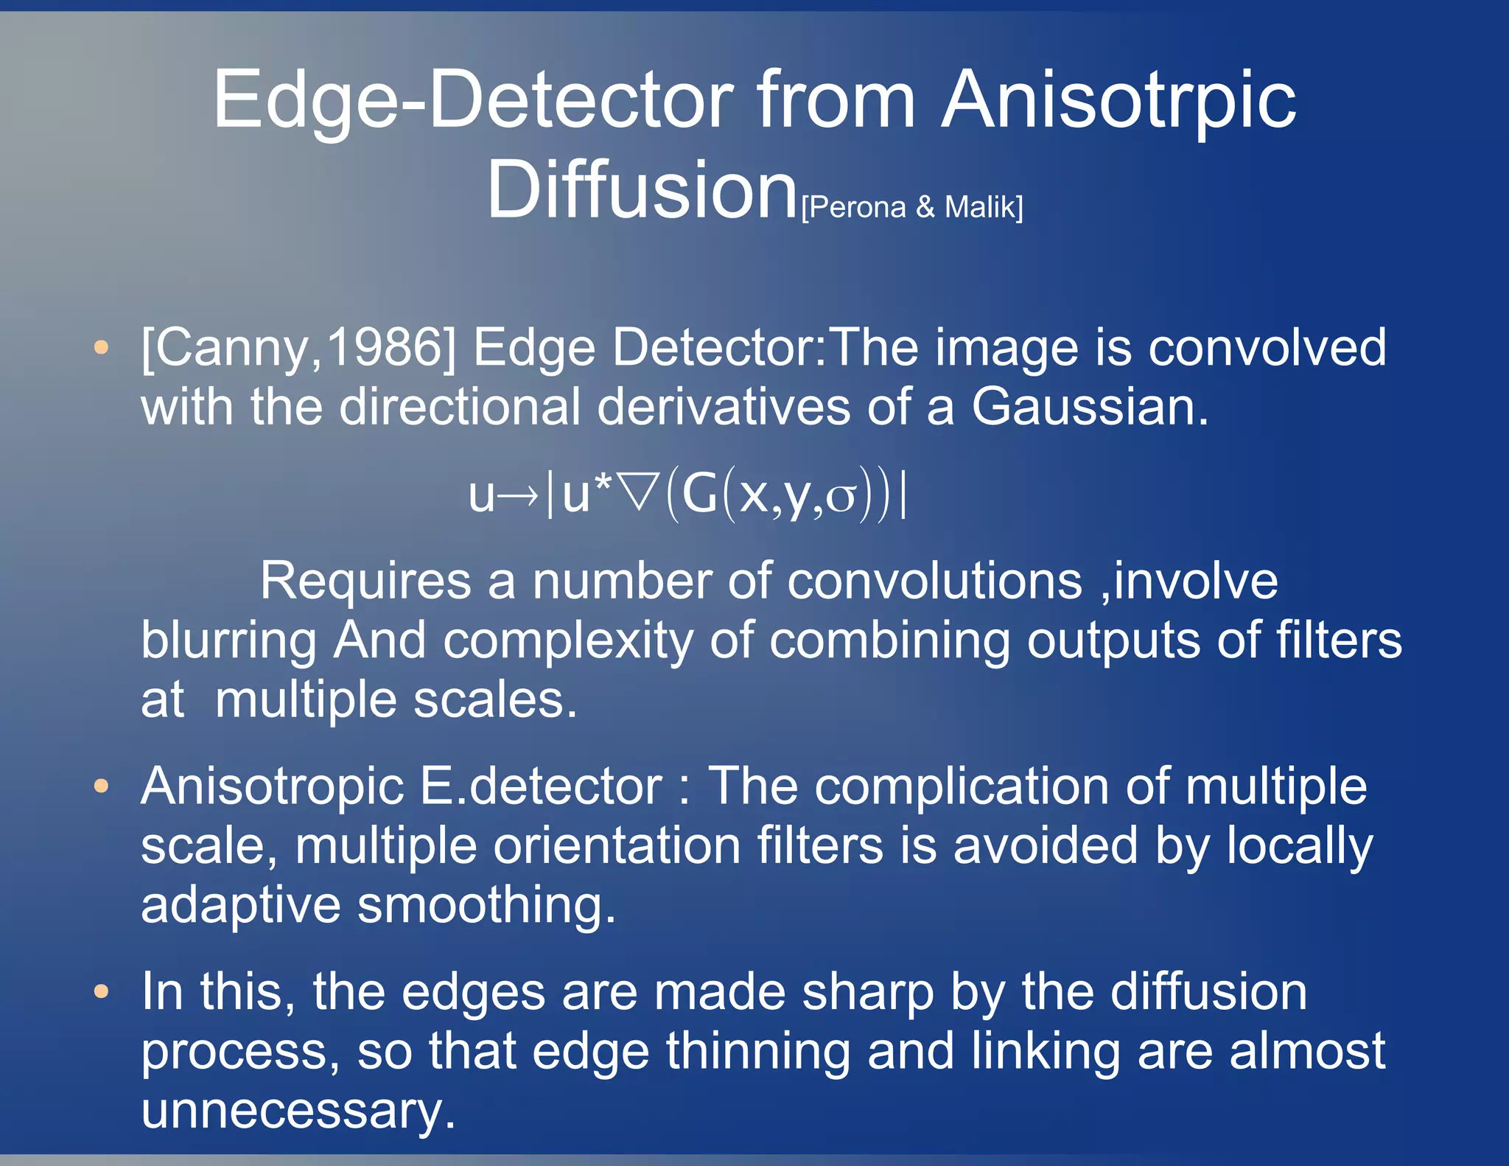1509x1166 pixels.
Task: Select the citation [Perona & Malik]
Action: (x=911, y=207)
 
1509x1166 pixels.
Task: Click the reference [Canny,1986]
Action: (x=298, y=347)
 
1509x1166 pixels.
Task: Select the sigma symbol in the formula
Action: (x=840, y=498)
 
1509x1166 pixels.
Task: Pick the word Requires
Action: (x=365, y=581)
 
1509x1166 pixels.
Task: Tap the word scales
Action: (x=494, y=699)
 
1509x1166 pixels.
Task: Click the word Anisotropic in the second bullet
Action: (x=272, y=786)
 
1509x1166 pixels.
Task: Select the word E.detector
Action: (x=541, y=786)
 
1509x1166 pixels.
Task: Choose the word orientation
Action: (x=617, y=845)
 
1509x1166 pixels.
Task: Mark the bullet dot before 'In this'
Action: (x=102, y=991)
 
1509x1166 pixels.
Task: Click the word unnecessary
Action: (x=298, y=1110)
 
